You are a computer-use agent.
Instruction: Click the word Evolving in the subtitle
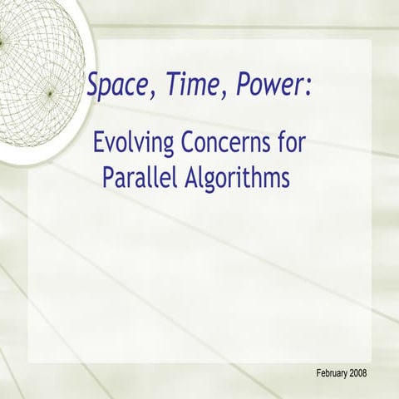click(133, 144)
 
